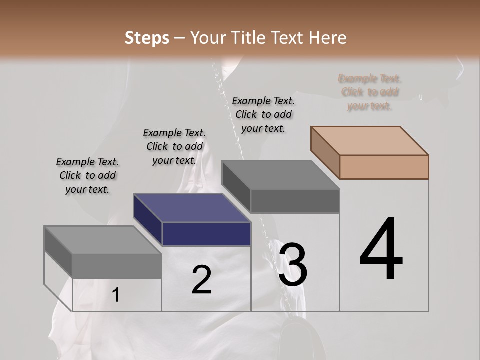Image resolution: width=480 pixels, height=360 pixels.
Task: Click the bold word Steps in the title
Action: click(x=147, y=38)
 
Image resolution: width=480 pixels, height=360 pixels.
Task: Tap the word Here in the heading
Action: click(x=328, y=38)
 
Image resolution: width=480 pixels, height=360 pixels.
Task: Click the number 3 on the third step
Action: click(x=292, y=265)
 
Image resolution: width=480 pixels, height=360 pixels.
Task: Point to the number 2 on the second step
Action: click(x=201, y=280)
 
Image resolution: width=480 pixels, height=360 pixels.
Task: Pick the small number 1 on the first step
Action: click(x=116, y=295)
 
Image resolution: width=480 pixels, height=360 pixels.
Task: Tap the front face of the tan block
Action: click(x=384, y=167)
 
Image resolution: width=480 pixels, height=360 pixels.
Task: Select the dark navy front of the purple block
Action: click(x=206, y=234)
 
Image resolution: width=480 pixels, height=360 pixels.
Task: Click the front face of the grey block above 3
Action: click(x=295, y=201)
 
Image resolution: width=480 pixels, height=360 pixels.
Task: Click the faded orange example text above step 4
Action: click(x=370, y=92)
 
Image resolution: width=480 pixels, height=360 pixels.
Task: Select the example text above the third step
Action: click(x=264, y=114)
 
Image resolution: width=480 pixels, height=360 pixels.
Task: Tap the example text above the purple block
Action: click(x=174, y=146)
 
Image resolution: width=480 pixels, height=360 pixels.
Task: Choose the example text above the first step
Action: click(x=87, y=175)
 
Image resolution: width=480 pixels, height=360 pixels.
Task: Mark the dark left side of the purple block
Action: click(x=148, y=220)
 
